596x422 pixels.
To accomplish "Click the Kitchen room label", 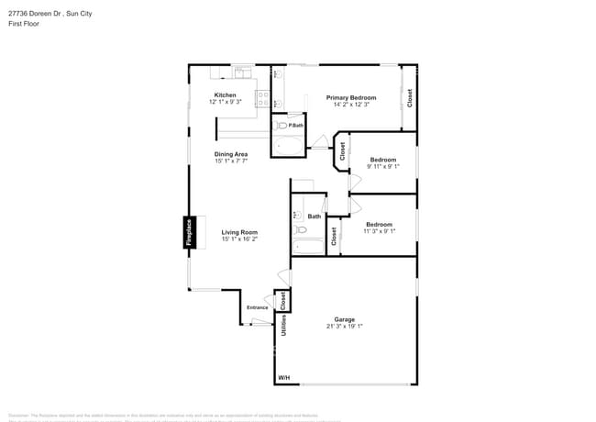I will (225, 95).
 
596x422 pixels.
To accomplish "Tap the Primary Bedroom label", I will (351, 97).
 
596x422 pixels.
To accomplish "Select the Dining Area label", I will (231, 154).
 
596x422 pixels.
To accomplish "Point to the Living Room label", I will (239, 232).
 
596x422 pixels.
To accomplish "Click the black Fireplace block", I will (189, 233).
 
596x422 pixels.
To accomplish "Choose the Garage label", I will (344, 319).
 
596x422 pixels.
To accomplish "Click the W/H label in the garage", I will (282, 378).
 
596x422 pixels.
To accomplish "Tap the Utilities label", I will (284, 325).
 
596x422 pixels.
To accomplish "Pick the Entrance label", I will (257, 307).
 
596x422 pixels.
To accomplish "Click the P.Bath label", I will (295, 126).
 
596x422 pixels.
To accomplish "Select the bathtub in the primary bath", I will (288, 144).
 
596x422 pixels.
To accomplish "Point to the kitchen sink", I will (242, 72).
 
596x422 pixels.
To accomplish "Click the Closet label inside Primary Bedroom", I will (409, 96).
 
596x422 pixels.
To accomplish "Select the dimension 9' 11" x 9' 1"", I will (382, 167).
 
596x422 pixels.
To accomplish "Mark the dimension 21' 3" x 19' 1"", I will (344, 327).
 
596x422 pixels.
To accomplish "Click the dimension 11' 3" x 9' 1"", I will (379, 231).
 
